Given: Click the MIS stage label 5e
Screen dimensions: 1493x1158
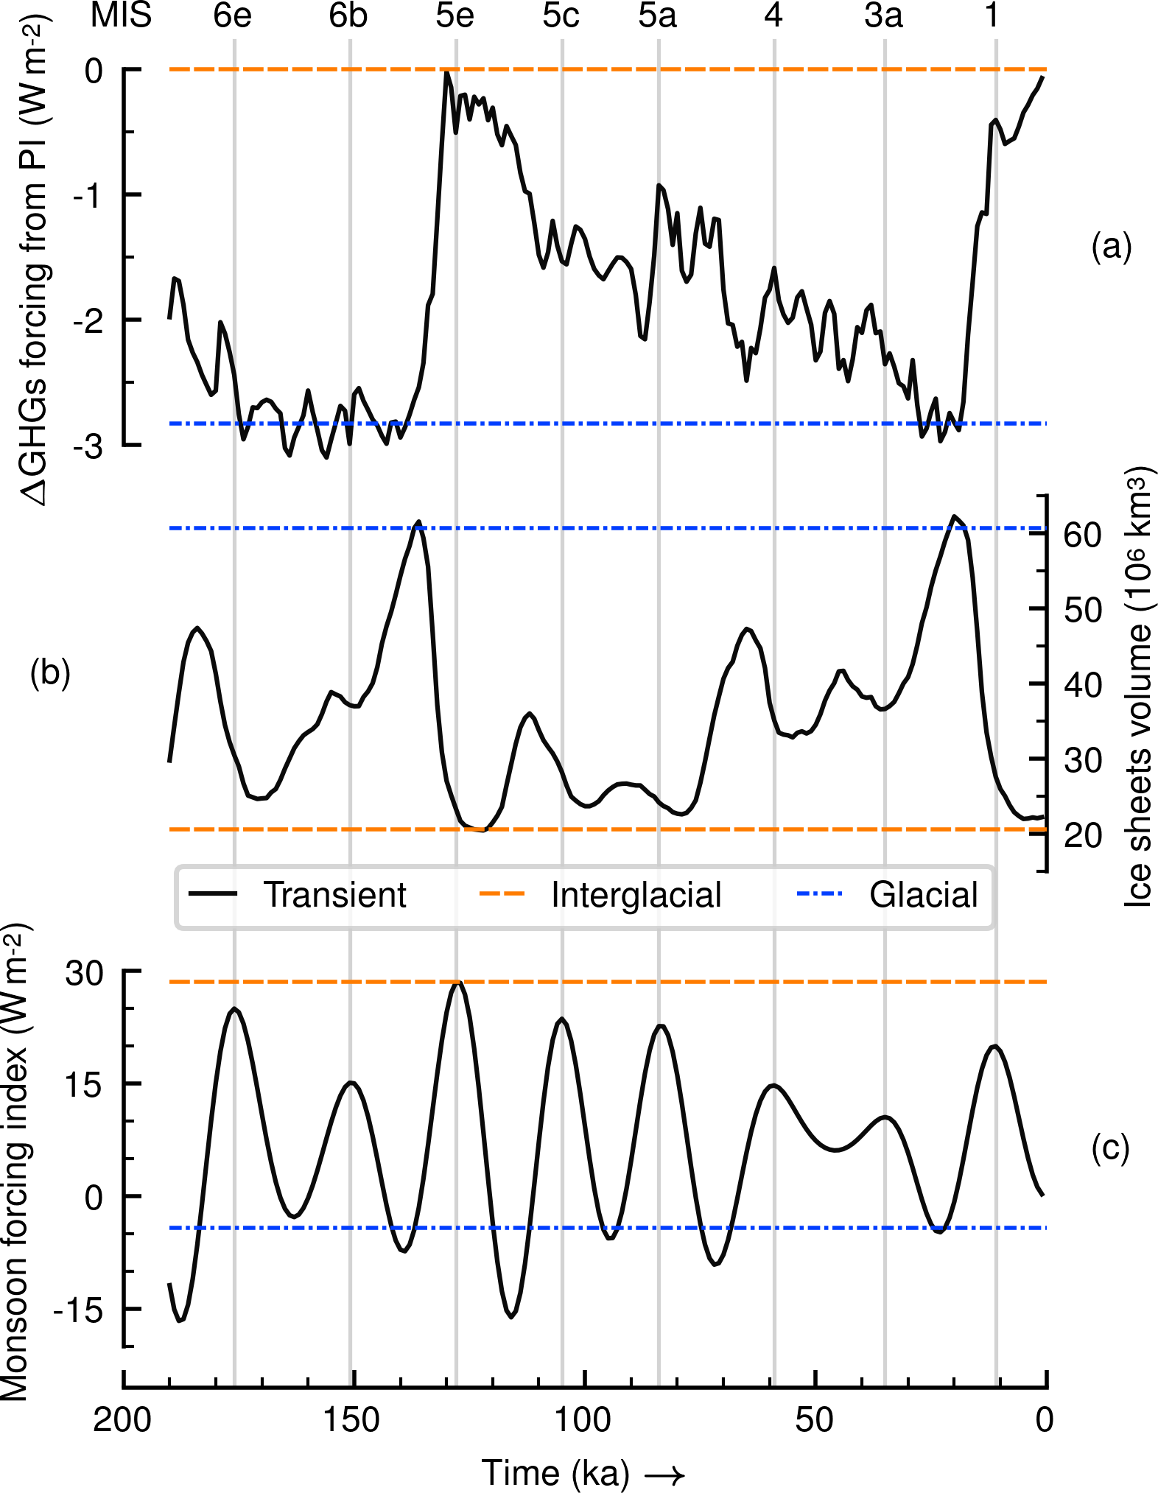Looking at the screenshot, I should point(455,16).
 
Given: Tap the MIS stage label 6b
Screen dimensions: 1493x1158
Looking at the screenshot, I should point(348,16).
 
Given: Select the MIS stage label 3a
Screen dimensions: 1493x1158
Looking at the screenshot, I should point(883,16).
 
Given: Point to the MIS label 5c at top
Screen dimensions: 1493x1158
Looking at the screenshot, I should point(561,16).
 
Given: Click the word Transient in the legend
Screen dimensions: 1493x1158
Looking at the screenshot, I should point(335,895).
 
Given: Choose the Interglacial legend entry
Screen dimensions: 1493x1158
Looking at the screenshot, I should point(636,895).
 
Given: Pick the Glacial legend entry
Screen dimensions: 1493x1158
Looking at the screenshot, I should point(924,895).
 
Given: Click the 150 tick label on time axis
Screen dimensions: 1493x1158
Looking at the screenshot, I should point(352,1420).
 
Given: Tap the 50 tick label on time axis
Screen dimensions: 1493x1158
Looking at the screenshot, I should point(815,1420).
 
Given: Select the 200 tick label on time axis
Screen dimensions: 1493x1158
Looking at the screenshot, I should point(122,1420).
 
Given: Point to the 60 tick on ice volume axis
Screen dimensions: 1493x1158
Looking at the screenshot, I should point(1082,535).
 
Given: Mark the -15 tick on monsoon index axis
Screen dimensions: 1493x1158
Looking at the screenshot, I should point(77,1310).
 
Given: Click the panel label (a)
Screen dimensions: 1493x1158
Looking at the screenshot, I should point(1111,247).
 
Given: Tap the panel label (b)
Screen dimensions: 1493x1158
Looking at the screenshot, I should point(50,672).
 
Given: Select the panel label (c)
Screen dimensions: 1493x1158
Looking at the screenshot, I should point(1110,1148).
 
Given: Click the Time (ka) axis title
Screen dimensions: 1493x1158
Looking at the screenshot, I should point(556,1473).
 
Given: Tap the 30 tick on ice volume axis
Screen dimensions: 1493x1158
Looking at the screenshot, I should point(1082,759).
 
